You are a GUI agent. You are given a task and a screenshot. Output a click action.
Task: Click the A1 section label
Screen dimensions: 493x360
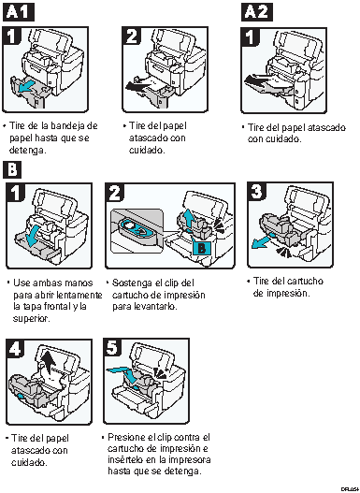20,11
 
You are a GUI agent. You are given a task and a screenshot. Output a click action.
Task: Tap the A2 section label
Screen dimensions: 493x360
258,11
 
